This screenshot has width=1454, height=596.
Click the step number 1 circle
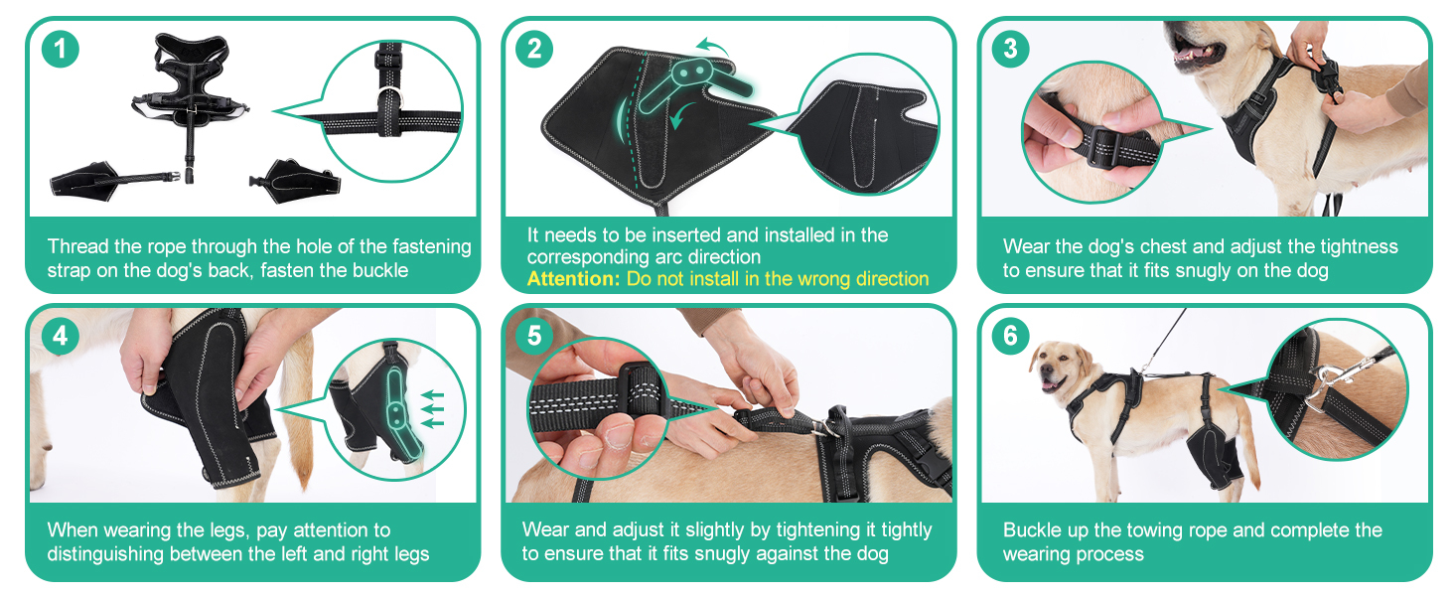pos(61,49)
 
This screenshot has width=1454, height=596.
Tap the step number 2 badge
pos(534,49)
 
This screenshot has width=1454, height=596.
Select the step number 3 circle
pos(1010,49)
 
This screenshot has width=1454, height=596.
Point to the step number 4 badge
pos(61,336)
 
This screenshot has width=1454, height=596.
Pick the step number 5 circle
pos(534,336)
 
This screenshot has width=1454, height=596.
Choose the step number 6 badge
pos(1010,336)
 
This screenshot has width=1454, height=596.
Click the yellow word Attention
pos(573,278)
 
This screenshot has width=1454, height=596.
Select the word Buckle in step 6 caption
pos(1033,529)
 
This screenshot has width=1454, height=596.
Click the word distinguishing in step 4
pos(107,554)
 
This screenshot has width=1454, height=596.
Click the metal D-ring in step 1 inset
pos(389,97)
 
